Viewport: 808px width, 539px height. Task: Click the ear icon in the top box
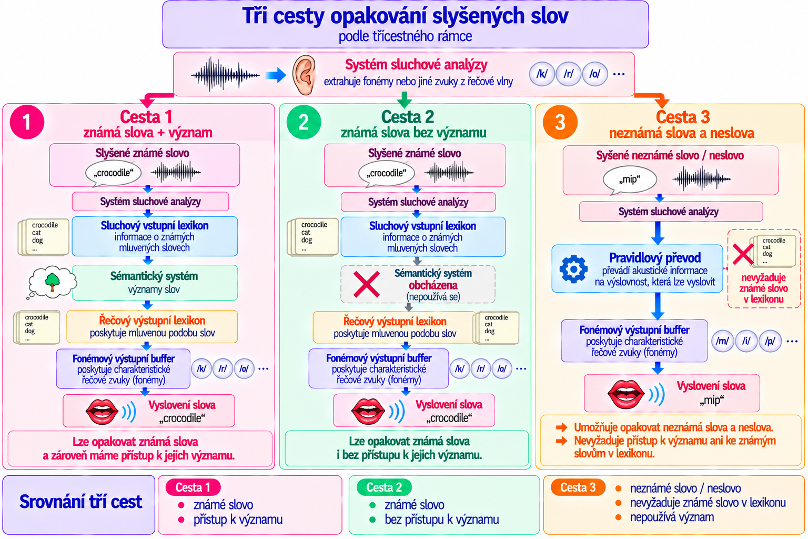coord(304,75)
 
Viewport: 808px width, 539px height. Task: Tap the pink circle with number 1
coord(27,122)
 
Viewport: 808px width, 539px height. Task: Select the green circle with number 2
coord(304,122)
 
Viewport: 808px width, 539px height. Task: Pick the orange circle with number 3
coord(560,122)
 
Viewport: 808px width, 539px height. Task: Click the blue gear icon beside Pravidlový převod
coord(573,268)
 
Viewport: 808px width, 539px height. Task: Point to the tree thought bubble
coord(52,282)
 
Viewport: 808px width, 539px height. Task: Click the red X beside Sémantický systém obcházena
coord(367,284)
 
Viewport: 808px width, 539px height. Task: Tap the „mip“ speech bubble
coord(630,180)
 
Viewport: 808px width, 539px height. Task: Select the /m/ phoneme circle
coord(722,341)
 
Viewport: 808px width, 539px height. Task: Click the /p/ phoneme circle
coord(770,341)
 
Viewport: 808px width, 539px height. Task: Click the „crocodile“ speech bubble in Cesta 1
coord(113,174)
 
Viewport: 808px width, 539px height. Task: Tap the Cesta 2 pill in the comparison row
coord(384,487)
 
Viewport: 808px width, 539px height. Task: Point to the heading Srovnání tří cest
coord(81,502)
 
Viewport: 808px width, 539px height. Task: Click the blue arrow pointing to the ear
coord(276,75)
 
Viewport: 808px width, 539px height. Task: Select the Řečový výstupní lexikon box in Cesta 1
coord(152,326)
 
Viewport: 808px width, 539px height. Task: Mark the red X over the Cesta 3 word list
coord(743,254)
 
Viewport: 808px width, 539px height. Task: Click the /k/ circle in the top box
coord(542,74)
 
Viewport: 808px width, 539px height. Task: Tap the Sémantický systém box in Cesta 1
coord(155,283)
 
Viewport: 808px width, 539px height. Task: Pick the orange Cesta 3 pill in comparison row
coord(578,487)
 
